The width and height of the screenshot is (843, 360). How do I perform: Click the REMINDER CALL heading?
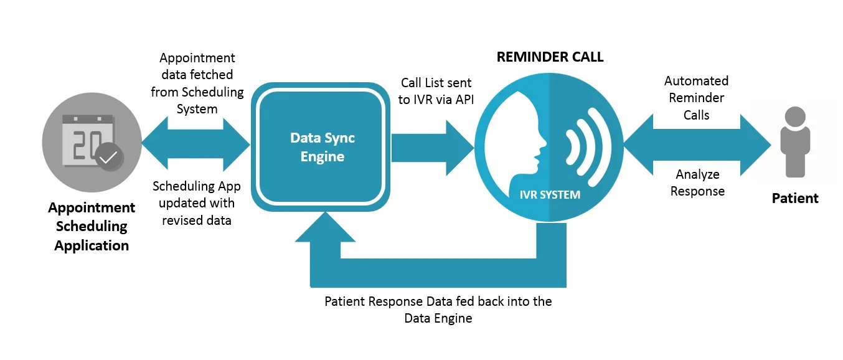click(550, 57)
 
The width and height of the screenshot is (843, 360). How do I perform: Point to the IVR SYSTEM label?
click(550, 195)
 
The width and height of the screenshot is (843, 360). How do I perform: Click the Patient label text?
click(795, 199)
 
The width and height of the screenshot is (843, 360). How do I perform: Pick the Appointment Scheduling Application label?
click(91, 227)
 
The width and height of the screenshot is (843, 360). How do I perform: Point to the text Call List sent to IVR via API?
click(436, 91)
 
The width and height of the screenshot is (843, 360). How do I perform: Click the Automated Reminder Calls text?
click(696, 98)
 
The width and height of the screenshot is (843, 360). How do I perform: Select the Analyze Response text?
click(697, 183)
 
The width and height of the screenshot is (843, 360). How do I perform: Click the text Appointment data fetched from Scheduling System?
click(197, 83)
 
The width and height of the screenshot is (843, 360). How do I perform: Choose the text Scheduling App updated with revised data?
click(197, 203)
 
